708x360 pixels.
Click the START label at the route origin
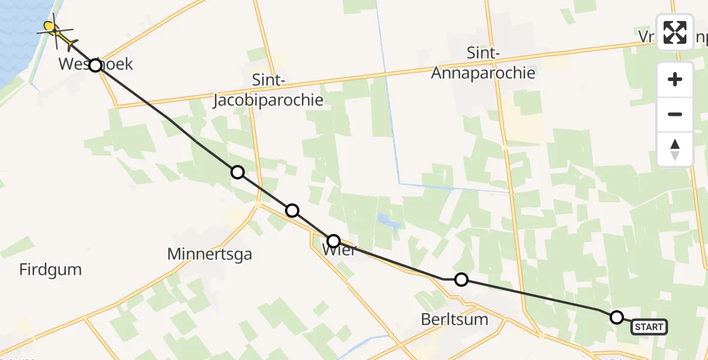tap(649, 327)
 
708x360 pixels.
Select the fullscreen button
tap(675, 32)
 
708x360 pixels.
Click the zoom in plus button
tap(675, 79)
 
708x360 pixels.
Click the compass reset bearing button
tap(675, 149)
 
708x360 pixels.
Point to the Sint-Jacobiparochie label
tap(268, 90)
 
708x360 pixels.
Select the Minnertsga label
tap(209, 254)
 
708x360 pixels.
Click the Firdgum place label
tap(50, 270)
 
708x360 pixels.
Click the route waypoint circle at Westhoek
tap(95, 65)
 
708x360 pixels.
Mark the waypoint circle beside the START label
tap(616, 317)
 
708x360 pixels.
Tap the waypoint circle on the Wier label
tap(333, 241)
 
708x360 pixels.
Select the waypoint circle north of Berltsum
tap(461, 279)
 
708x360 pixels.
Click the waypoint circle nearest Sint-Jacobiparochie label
tap(238, 172)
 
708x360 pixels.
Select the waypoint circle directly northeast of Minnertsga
tap(292, 210)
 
